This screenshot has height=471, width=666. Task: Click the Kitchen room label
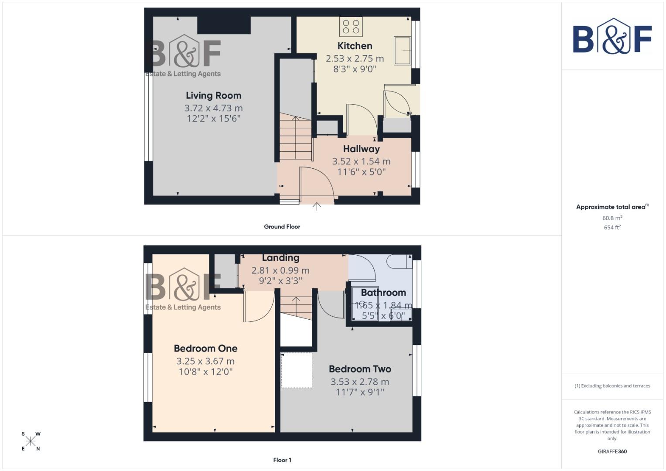pos(355,46)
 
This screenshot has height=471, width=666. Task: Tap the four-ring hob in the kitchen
pos(351,27)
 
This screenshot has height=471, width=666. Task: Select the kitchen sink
pos(402,51)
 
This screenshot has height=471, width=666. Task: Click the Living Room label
pos(213,96)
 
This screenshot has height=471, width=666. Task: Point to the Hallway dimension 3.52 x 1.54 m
pos(361,161)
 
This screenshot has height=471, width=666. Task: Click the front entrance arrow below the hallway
pos(317,206)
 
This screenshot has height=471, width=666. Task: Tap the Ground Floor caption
pos(282,227)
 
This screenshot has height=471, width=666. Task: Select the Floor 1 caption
pos(282,460)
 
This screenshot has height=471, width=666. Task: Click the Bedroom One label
pos(205,348)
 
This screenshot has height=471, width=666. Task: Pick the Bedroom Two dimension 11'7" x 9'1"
pos(360,392)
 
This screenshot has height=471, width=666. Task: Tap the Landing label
pos(280,258)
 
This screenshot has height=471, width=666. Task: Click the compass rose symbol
pos(31,441)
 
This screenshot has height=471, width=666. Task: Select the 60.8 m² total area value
pos(612,218)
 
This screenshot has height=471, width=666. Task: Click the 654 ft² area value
pos(612,228)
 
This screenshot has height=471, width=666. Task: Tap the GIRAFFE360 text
pos(612,451)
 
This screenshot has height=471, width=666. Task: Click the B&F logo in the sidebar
pos(612,37)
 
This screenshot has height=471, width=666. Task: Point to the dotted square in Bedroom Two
pos(297,370)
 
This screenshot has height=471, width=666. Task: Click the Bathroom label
pos(383,293)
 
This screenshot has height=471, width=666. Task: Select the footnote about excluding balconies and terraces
pos(612,386)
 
